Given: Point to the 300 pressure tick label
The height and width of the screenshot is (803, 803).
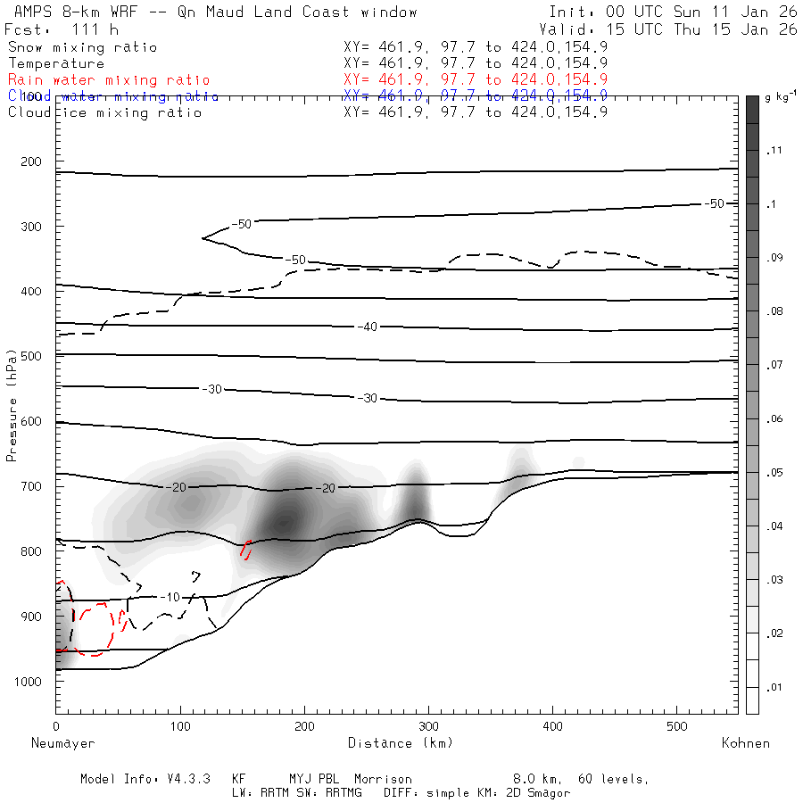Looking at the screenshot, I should click(30, 227).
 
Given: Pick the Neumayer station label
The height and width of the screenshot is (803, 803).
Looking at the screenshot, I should click(62, 743).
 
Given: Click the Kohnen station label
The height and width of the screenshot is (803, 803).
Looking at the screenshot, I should click(745, 743).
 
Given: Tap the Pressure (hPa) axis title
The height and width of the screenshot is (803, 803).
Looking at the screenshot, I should click(12, 416).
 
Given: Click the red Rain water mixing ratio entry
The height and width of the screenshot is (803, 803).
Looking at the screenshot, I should click(109, 80).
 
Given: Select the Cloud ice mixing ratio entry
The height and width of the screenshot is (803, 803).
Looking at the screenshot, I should click(105, 112).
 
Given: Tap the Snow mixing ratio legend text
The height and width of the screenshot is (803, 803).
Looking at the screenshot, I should click(82, 47).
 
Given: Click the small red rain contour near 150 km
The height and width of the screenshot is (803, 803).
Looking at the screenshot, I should click(245, 550).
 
